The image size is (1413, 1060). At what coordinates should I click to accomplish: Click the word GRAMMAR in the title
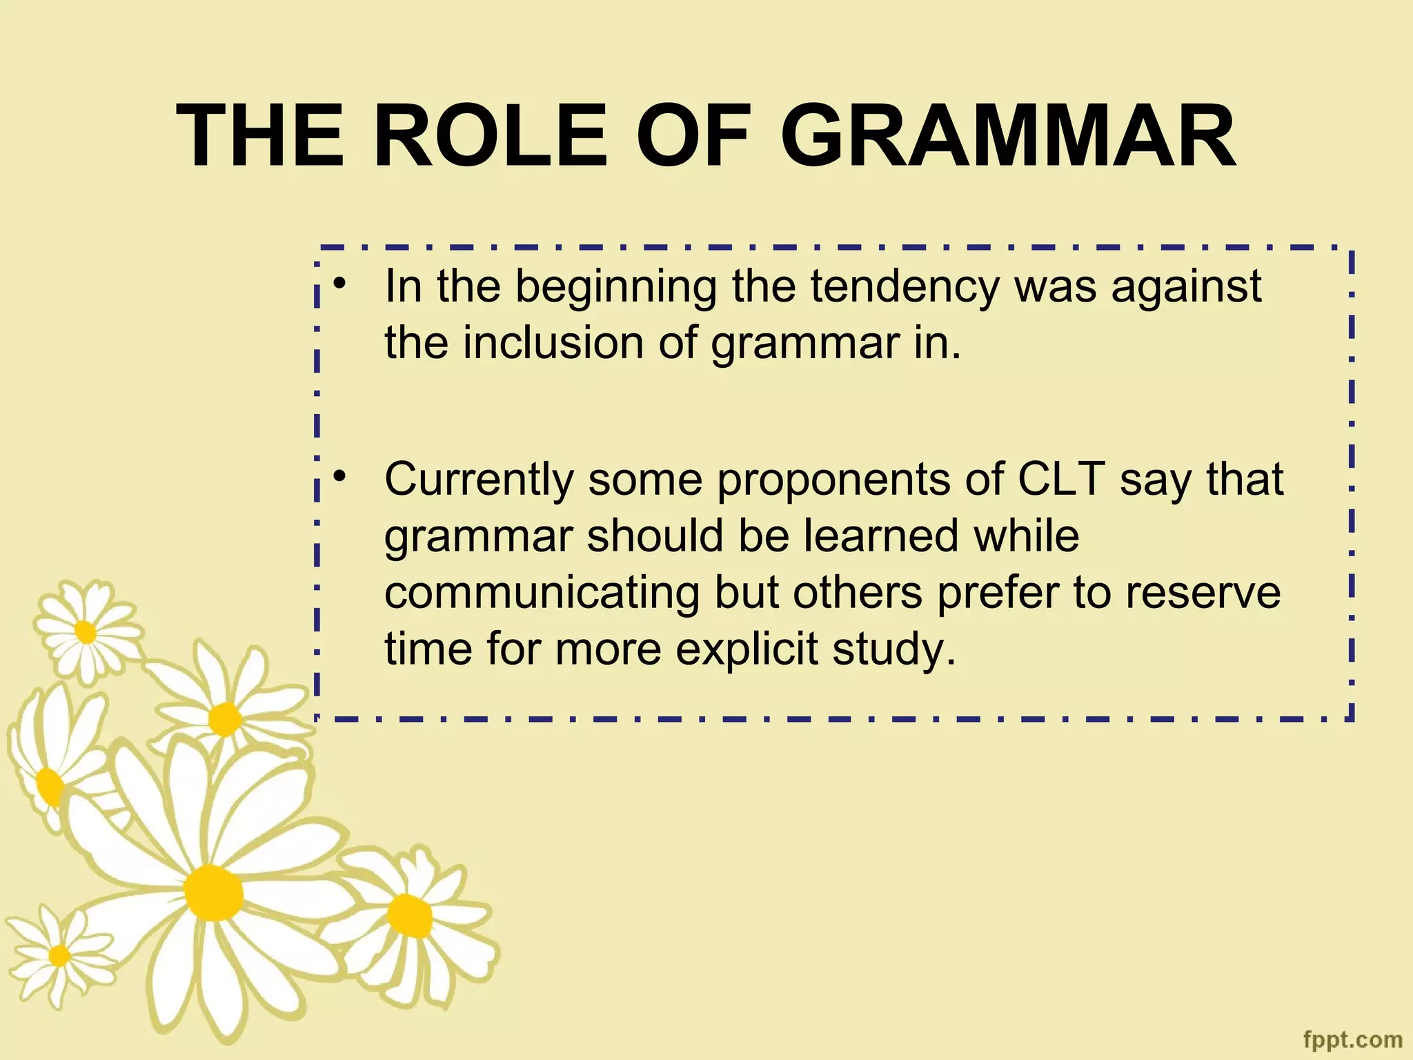(1008, 136)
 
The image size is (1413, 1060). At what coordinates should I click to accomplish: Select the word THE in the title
(260, 136)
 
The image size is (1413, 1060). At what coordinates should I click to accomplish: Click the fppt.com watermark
(1353, 1039)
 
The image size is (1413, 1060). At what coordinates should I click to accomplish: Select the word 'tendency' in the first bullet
(905, 286)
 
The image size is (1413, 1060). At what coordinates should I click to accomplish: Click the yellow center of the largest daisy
(214, 892)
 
